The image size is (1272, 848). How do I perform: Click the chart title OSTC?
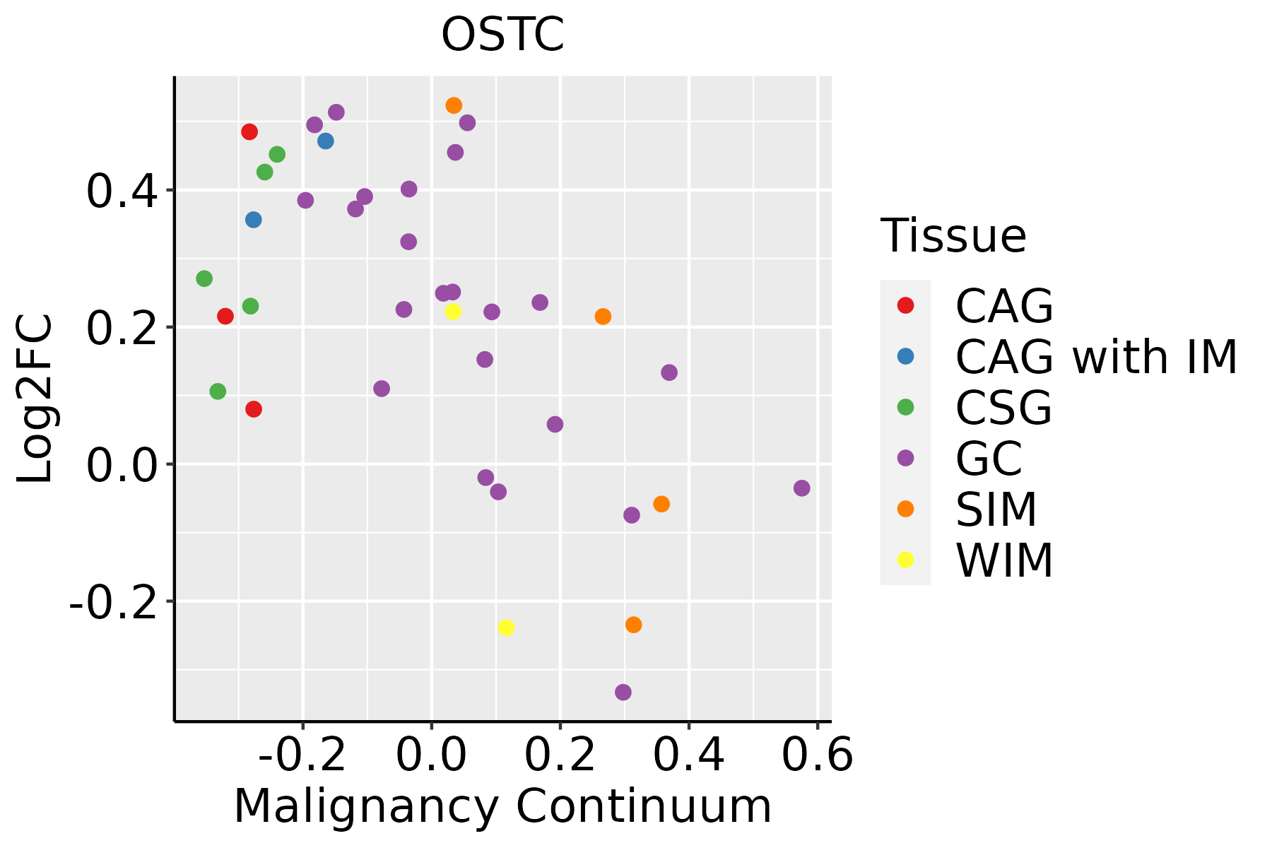[502, 35]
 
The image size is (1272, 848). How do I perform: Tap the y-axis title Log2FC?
[35, 399]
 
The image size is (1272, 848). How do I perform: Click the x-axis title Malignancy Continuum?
[502, 806]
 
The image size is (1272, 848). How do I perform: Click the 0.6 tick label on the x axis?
[818, 755]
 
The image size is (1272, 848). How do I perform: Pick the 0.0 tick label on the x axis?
[431, 755]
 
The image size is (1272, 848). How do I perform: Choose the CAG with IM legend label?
[1096, 357]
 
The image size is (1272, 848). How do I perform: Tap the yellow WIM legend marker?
[905, 560]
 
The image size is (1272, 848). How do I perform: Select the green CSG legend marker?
[905, 407]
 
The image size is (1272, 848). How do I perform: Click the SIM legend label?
[996, 510]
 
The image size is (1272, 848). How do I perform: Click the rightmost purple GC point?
[801, 488]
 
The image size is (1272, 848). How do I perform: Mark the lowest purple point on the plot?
[623, 692]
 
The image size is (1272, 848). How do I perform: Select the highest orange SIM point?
[454, 105]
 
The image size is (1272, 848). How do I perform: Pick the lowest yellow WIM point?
[506, 628]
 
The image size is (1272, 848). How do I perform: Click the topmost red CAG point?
[249, 131]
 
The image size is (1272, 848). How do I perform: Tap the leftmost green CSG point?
[204, 278]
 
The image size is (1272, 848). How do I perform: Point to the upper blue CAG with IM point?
[326, 141]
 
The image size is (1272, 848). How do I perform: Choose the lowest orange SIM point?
[633, 625]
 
